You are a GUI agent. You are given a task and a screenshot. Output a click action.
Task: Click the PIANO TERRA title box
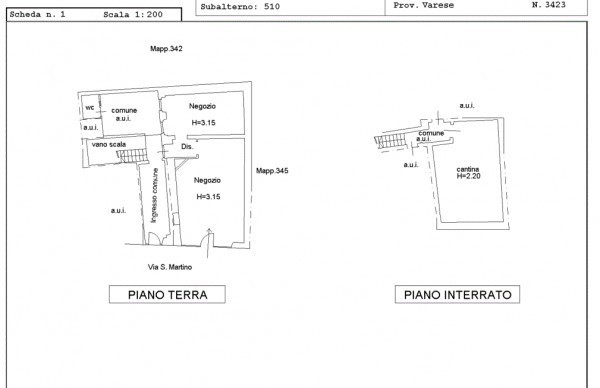pos(167,294)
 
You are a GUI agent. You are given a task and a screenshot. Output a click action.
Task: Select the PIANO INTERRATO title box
pos(457,294)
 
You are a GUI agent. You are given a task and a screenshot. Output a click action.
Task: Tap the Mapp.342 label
pos(166,49)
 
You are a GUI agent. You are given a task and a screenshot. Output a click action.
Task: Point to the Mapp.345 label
pos(272,171)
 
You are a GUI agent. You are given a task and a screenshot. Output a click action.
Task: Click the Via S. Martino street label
pos(170,267)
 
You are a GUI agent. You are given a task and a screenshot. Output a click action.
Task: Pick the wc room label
pos(90,108)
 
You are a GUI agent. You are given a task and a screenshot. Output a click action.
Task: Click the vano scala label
pos(109,144)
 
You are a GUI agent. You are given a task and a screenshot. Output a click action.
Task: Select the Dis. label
pos(187,147)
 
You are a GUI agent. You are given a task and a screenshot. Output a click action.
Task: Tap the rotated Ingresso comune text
pos(154,195)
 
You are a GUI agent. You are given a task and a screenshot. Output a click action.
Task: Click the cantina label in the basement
pos(468,169)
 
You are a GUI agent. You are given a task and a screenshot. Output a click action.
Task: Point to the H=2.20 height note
pos(468,176)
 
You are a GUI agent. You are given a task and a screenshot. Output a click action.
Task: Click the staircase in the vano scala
pos(132,156)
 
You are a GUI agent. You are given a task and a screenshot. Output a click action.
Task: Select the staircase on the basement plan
pos(390,141)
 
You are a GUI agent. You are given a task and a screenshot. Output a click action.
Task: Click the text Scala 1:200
pos(133,15)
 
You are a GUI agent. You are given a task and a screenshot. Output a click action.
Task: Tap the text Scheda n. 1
pos(37,15)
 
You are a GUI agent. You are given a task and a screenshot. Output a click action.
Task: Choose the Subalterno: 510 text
pos(240,7)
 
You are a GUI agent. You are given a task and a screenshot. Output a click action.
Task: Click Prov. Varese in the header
pos(424,5)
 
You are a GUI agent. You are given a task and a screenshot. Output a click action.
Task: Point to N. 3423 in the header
pos(548,5)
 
